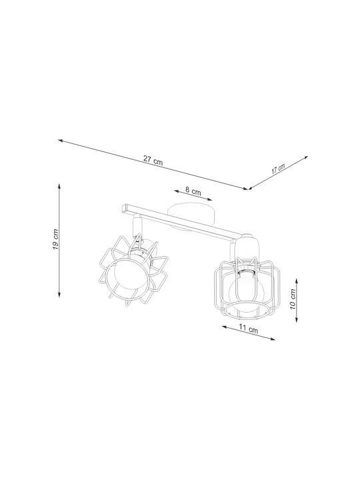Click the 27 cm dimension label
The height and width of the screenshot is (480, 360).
tap(153, 161)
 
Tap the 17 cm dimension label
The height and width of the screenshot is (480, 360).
tap(278, 169)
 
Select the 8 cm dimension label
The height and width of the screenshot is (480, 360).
tap(193, 191)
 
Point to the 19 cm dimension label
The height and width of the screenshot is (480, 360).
tap(55, 239)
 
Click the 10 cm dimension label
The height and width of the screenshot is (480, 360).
tap(293, 299)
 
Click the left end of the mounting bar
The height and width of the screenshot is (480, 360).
tap(123, 209)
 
